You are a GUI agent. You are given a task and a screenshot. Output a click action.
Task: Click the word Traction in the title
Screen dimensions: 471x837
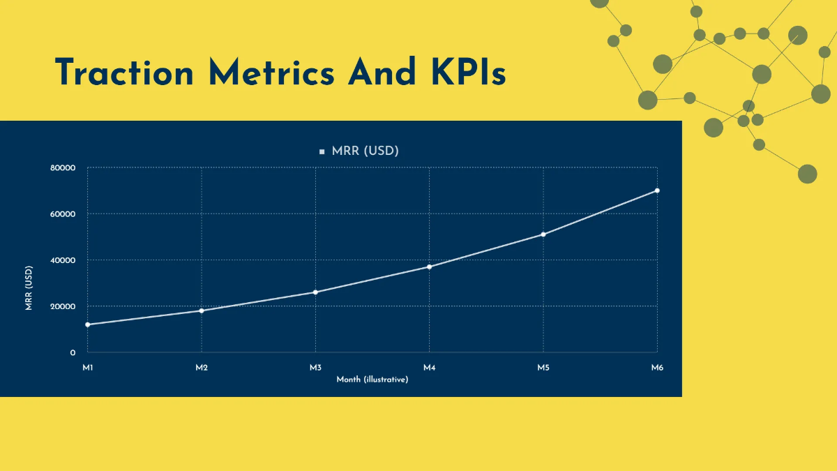(125, 73)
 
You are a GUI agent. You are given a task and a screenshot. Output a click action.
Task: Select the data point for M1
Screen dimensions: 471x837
(88, 324)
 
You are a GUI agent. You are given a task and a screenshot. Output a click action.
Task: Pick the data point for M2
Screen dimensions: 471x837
(202, 311)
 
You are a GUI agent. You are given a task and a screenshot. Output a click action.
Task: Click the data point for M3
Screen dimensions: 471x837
(315, 292)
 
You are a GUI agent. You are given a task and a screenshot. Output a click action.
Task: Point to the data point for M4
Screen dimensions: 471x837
(429, 267)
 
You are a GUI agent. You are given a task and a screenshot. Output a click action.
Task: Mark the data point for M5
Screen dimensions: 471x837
(543, 234)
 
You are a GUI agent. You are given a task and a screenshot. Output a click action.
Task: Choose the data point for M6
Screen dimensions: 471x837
(657, 190)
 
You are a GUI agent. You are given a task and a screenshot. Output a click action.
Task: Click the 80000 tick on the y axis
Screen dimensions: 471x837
(63, 168)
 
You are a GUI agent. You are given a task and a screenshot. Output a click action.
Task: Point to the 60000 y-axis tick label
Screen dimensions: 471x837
(63, 214)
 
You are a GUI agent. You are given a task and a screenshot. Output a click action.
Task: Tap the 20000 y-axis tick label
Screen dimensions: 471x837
(63, 306)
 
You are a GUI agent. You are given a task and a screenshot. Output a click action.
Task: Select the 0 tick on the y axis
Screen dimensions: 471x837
(73, 353)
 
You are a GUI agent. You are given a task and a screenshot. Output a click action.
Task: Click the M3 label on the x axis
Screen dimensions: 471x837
(315, 367)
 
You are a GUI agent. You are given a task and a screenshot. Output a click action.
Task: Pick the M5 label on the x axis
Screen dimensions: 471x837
(543, 367)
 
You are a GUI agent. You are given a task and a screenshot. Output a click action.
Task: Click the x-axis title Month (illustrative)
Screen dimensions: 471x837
(372, 380)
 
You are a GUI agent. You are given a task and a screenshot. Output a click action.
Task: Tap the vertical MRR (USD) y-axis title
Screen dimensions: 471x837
(29, 287)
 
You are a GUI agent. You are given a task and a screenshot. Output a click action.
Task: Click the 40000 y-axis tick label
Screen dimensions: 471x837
(63, 260)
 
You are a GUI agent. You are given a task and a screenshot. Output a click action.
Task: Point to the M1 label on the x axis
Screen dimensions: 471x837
(88, 367)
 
